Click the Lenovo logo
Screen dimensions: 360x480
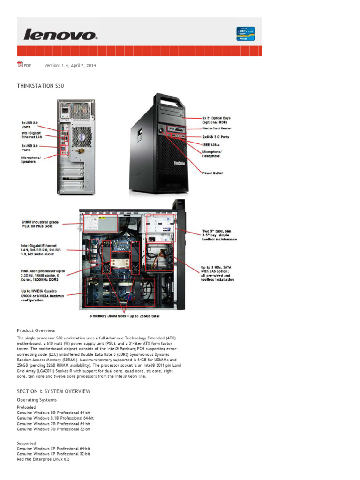pyautogui.click(x=60, y=35)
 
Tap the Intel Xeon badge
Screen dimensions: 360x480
pyautogui.click(x=246, y=34)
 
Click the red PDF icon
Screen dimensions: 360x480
pyautogui.click(x=20, y=65)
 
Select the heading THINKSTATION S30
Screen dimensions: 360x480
pyautogui.click(x=40, y=86)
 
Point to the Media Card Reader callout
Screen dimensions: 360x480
pyautogui.click(x=217, y=128)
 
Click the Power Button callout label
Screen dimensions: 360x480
pyautogui.click(x=213, y=173)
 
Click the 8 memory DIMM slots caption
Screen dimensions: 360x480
pyautogui.click(x=125, y=316)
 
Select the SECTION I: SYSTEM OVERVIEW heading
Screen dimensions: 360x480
pyautogui.click(x=54, y=391)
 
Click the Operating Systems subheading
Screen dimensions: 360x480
pyautogui.click(x=37, y=400)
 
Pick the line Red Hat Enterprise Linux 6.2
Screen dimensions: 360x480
pyautogui.click(x=43, y=460)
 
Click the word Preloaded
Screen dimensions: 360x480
pyautogui.click(x=26, y=407)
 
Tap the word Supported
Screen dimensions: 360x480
pyautogui.click(x=27, y=443)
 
